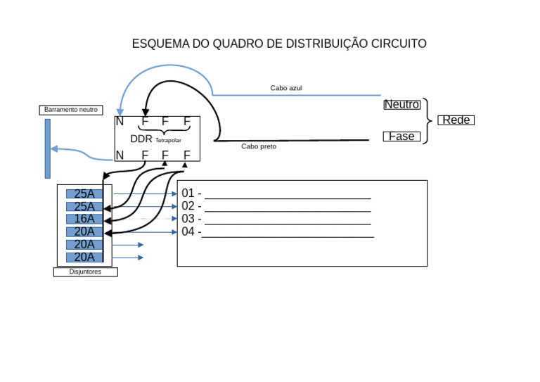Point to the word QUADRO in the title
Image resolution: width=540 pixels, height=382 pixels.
(233, 44)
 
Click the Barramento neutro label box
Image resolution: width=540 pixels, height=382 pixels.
(71, 110)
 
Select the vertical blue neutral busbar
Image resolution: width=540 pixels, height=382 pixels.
(48, 148)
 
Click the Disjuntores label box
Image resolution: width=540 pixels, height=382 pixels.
(85, 272)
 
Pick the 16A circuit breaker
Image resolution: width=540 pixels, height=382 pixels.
(84, 219)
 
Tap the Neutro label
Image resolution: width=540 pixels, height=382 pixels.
(401, 105)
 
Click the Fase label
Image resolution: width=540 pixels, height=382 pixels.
(401, 136)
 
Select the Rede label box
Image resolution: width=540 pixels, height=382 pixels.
(456, 120)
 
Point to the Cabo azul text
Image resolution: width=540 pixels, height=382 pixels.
(286, 88)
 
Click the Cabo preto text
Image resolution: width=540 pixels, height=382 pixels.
(259, 146)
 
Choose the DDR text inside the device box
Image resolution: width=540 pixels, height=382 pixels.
(141, 139)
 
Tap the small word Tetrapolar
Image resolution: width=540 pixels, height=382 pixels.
(168, 141)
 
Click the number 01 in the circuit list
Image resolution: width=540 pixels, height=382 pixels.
(188, 193)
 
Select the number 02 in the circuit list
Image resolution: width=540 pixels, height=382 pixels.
(188, 206)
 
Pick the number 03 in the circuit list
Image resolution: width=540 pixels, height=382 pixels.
(188, 219)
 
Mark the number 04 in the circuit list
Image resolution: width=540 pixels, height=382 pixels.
(188, 231)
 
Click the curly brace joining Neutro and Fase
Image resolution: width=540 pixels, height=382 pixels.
(426, 121)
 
